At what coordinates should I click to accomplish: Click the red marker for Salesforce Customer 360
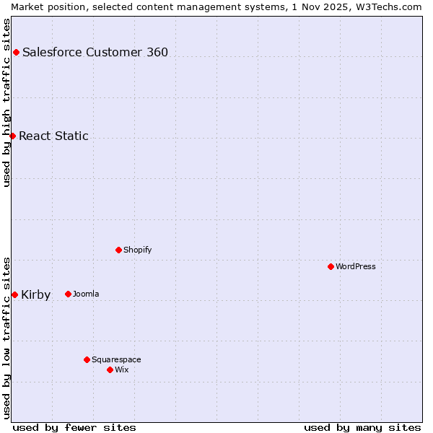(x=16, y=52)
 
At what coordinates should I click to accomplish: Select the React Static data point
(x=12, y=136)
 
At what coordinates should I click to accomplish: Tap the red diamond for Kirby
(x=14, y=294)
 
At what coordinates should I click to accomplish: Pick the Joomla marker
(x=68, y=294)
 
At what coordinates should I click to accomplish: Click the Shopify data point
(x=118, y=250)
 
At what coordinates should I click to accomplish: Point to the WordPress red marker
(x=331, y=266)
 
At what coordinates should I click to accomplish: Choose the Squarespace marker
(x=87, y=359)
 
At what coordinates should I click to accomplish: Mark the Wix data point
(x=110, y=369)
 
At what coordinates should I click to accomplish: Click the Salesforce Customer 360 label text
(x=95, y=52)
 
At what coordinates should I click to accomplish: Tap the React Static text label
(x=53, y=136)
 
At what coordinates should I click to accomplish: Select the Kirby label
(x=36, y=294)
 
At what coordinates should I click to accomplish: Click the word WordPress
(x=356, y=266)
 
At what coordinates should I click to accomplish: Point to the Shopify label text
(x=137, y=250)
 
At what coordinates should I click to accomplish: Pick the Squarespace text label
(x=116, y=359)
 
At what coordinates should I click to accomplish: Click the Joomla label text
(x=86, y=294)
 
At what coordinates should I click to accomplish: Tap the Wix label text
(x=122, y=369)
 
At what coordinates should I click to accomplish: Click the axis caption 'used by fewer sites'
(x=74, y=427)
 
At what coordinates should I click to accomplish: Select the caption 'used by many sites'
(x=362, y=427)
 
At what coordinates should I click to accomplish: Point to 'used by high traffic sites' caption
(x=6, y=102)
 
